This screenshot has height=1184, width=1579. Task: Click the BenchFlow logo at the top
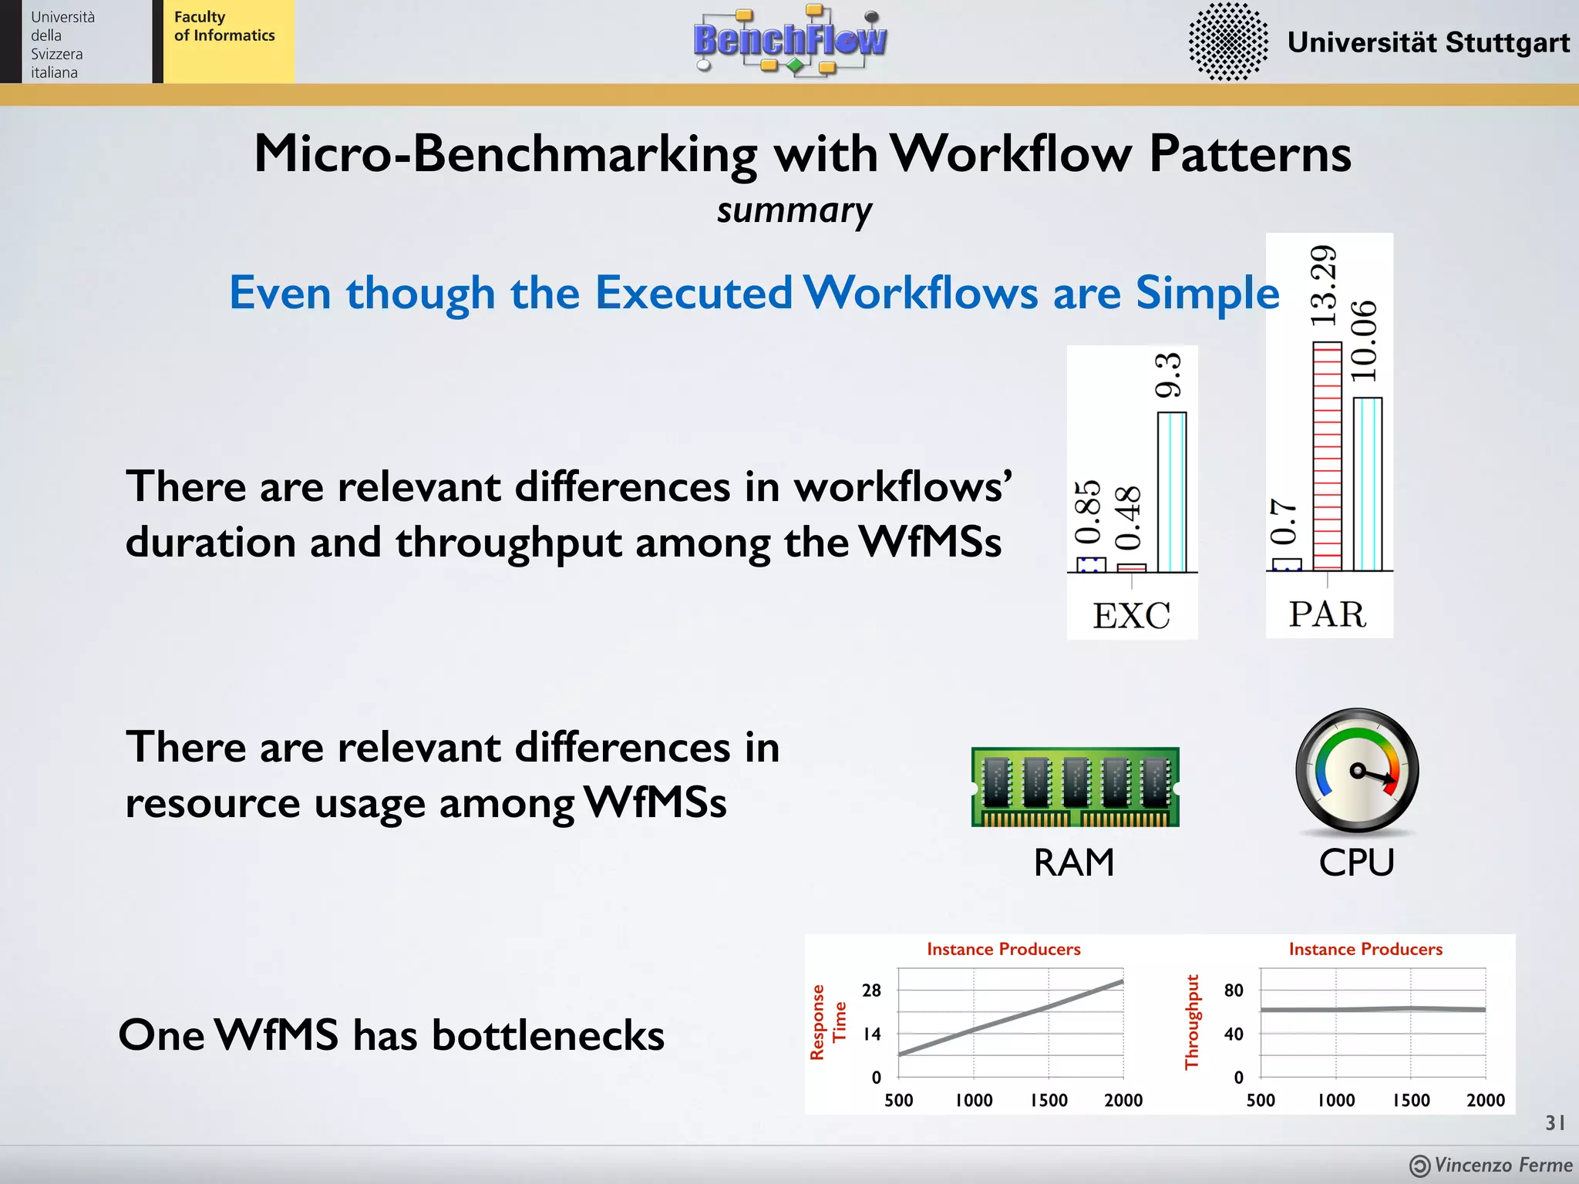point(790,40)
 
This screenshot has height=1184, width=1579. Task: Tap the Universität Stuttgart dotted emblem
point(1227,42)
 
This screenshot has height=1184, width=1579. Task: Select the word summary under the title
point(794,210)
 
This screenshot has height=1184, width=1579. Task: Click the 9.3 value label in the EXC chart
point(1169,375)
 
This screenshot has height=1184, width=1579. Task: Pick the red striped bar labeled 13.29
point(1327,456)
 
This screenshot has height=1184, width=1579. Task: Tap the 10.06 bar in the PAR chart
point(1367,484)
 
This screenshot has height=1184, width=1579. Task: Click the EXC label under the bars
point(1131,616)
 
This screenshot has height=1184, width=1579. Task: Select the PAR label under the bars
point(1328,614)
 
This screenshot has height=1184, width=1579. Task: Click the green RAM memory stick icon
point(1075,786)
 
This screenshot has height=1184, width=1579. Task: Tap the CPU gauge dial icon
point(1357,771)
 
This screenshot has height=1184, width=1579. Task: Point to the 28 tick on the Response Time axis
point(871,991)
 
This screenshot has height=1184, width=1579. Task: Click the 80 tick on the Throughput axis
point(1234,991)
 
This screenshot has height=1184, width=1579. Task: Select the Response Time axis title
point(828,1022)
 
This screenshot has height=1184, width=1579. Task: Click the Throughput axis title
point(1192,1022)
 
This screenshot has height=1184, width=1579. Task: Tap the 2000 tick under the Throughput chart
point(1485,1100)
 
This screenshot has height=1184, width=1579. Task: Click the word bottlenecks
point(547,1034)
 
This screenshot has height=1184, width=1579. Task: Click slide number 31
point(1554,1122)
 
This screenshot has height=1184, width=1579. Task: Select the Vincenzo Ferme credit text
point(1502,1165)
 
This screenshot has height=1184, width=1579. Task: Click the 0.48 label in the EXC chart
point(1128,518)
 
